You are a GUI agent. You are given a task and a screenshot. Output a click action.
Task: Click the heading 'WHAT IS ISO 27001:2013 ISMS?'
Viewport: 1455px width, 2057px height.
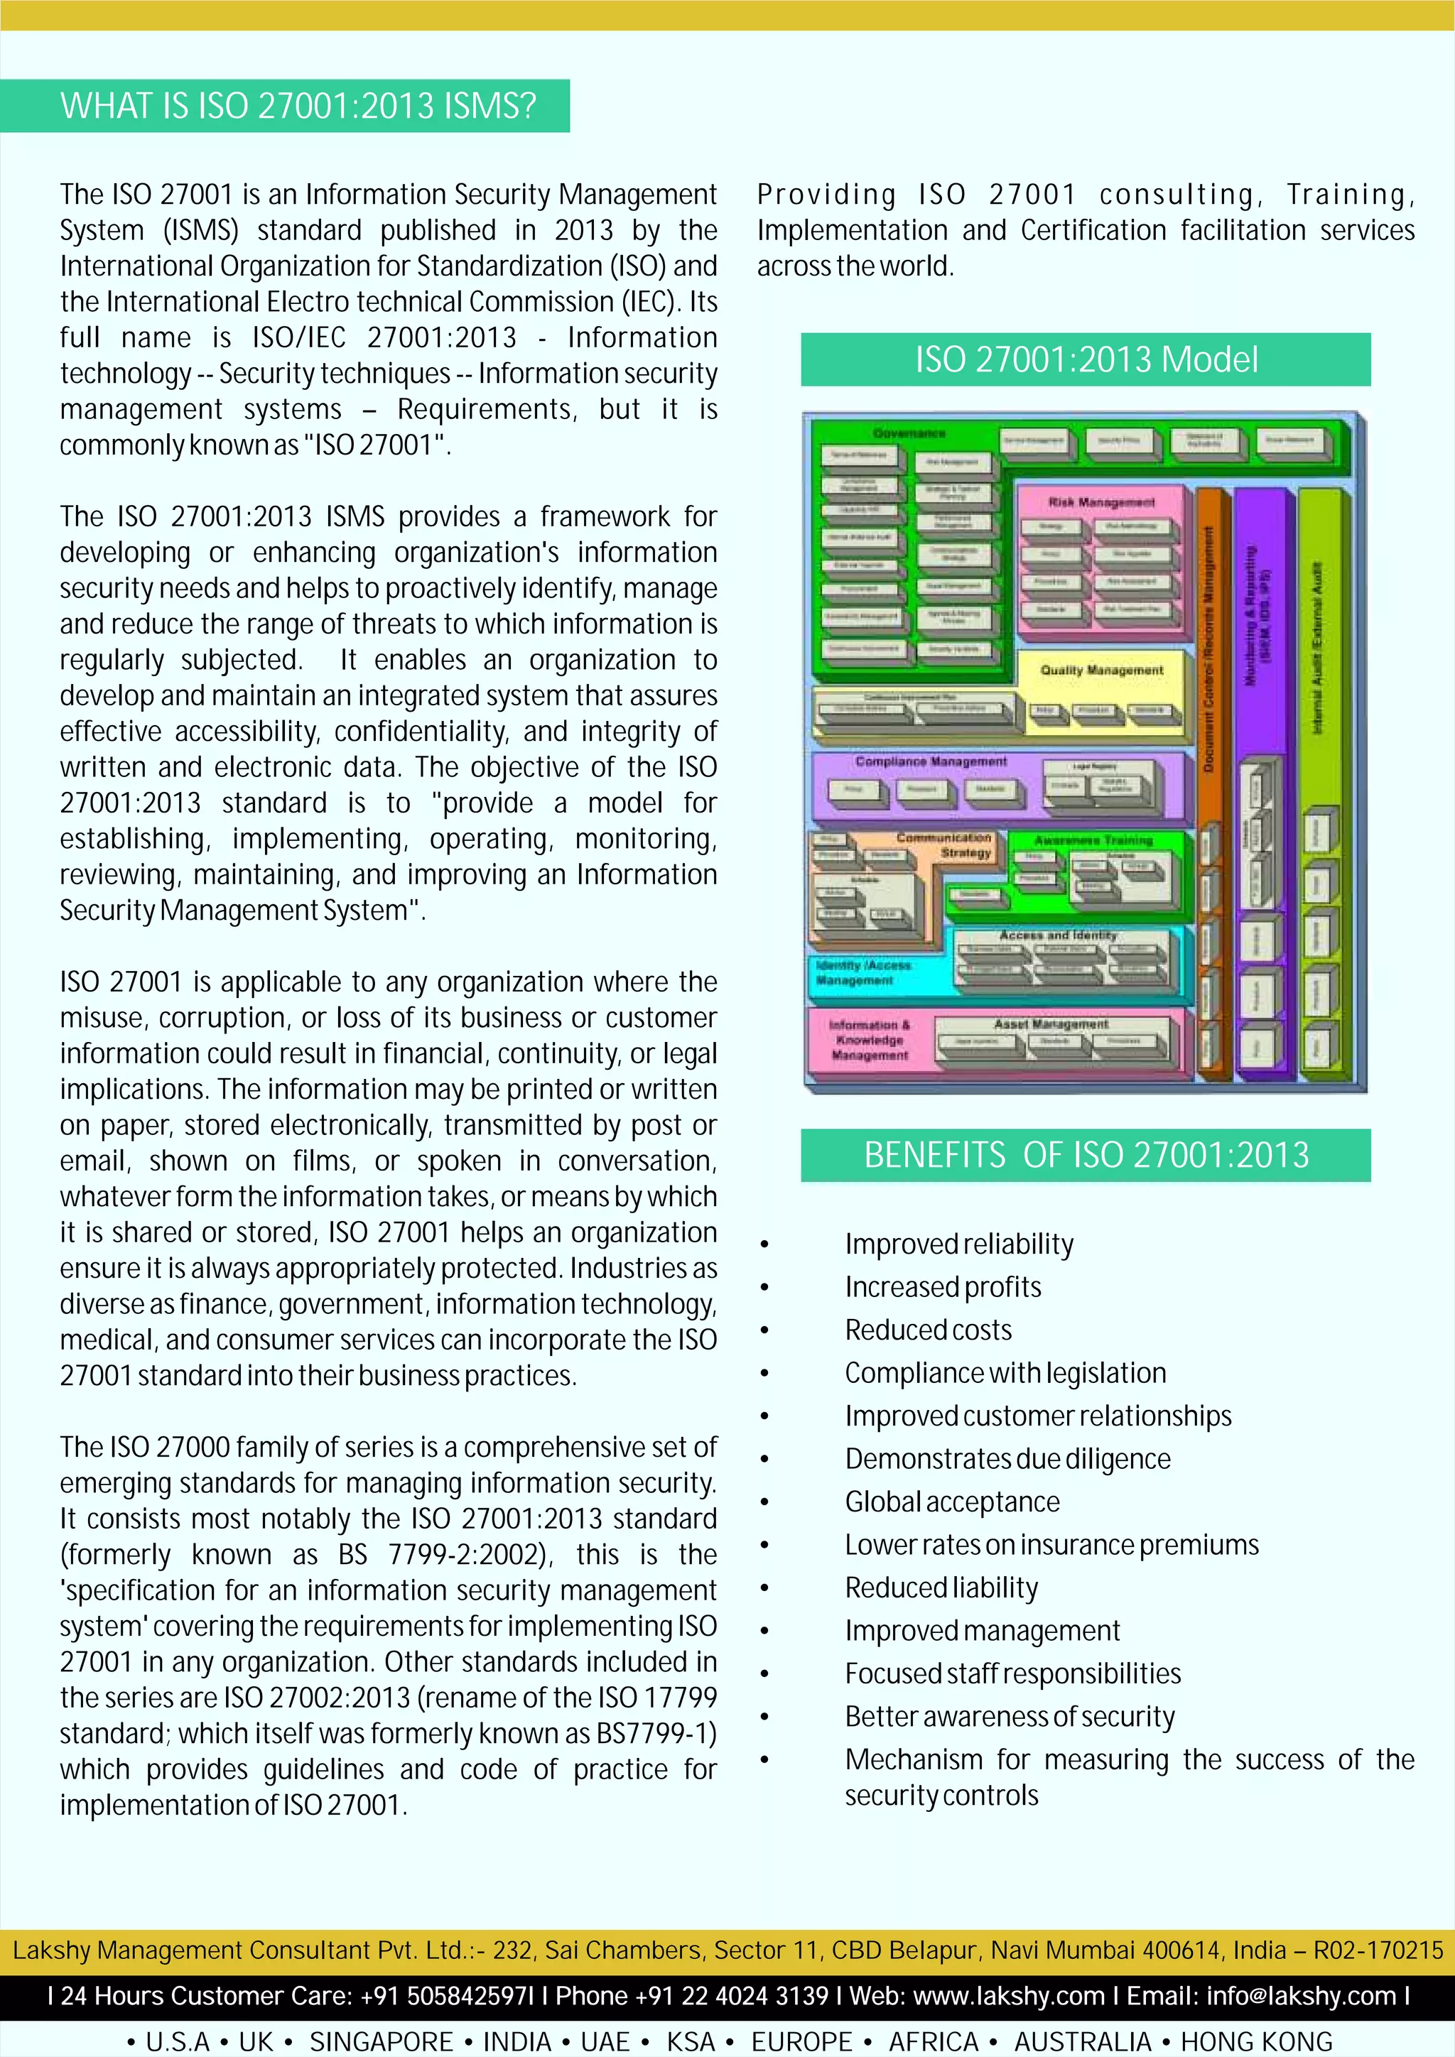(298, 107)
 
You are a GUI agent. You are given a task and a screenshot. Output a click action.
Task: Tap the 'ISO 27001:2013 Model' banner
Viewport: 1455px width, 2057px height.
(1086, 360)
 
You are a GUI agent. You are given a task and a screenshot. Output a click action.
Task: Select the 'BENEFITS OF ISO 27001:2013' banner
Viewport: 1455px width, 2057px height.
(1086, 1156)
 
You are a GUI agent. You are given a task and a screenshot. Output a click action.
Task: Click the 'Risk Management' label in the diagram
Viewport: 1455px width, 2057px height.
(1101, 503)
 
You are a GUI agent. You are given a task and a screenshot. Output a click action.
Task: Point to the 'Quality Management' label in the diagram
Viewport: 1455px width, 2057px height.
(1101, 670)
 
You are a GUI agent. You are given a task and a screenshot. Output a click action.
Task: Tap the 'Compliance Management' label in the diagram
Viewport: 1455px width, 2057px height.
(930, 761)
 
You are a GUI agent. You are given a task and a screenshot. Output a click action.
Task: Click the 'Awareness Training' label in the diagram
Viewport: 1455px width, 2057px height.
(1093, 840)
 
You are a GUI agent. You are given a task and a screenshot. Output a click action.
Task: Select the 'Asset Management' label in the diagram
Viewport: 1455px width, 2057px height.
(1051, 1023)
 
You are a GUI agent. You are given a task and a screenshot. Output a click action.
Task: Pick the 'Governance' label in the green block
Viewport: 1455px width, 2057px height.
(909, 433)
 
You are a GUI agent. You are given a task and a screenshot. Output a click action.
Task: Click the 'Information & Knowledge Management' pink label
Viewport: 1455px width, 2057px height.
(869, 1040)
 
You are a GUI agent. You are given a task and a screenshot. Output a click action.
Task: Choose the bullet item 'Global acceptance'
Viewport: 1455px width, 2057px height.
(951, 1502)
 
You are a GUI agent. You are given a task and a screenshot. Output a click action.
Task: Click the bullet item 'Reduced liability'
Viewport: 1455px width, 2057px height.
(941, 1588)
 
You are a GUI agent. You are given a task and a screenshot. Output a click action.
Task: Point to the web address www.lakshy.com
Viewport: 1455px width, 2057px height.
(1009, 1996)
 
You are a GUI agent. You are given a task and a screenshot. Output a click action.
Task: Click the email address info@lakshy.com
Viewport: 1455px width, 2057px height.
(1301, 1996)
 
